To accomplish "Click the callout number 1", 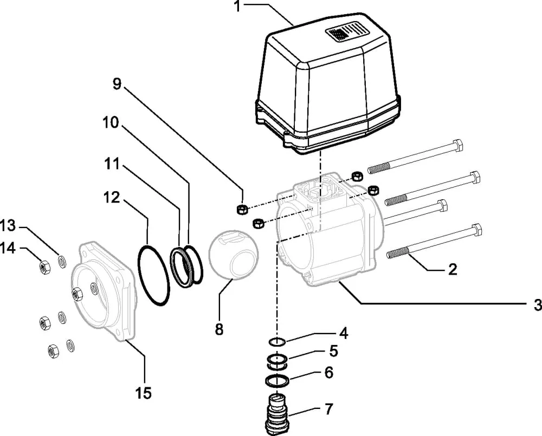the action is coord(238,6).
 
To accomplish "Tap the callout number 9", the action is coord(117,83).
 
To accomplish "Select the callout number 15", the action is coord(144,393).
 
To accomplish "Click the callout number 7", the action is coord(329,409).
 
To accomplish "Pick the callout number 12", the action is coord(111,198).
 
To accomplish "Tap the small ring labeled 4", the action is coord(277,342).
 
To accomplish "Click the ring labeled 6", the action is coord(277,381).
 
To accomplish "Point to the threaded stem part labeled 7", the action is coord(278,413).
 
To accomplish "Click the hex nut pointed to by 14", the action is coord(44,266).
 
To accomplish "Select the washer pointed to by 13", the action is coord(62,262).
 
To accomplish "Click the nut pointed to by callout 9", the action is coord(241,209).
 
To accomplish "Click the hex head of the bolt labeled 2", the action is coord(476,230).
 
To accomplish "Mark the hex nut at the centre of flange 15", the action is coord(76,294).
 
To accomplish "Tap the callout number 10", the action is coord(111,122).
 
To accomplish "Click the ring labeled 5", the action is coord(277,360).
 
